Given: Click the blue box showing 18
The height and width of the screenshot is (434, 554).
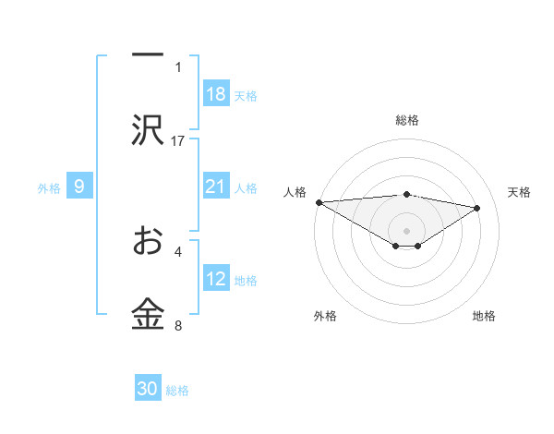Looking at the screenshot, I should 216,94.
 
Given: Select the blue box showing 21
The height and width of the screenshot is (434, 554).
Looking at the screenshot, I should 216,187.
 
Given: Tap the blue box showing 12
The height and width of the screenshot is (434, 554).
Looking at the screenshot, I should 216,279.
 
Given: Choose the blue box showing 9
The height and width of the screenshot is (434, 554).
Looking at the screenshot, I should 79,187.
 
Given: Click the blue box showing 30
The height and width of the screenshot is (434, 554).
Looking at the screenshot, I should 148,389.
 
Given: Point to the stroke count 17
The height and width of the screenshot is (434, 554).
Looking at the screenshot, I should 178,140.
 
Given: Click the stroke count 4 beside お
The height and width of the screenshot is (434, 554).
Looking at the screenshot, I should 178,250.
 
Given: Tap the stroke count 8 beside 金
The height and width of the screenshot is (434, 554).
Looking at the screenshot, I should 178,325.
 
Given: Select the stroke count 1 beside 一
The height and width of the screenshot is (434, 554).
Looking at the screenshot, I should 178,66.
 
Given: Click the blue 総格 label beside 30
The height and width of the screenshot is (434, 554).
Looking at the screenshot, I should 177,391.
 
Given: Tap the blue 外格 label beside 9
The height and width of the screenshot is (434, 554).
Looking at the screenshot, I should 49,187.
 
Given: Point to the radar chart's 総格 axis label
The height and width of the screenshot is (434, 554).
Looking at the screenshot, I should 406,120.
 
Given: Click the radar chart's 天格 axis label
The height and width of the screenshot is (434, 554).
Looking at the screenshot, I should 519,192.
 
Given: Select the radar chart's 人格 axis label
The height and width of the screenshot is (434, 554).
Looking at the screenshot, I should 295,192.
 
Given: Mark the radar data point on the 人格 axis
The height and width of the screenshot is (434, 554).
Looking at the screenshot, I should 319,202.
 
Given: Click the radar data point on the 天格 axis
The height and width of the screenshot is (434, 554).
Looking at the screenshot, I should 477,208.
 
